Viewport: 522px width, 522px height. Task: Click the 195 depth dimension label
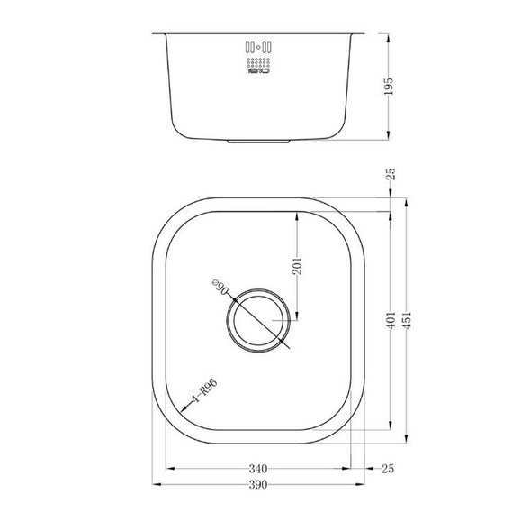(389, 87)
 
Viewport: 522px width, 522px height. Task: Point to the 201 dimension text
(298, 265)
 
